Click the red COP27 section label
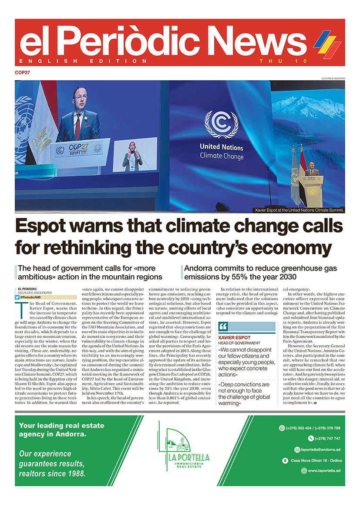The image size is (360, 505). tap(22, 73)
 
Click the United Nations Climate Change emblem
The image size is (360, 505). tap(221, 126)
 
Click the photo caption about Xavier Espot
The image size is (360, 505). tap(299, 210)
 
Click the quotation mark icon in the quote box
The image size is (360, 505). tap(223, 327)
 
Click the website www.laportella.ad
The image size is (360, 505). tap(323, 471)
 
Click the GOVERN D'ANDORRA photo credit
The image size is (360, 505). tap(333, 78)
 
